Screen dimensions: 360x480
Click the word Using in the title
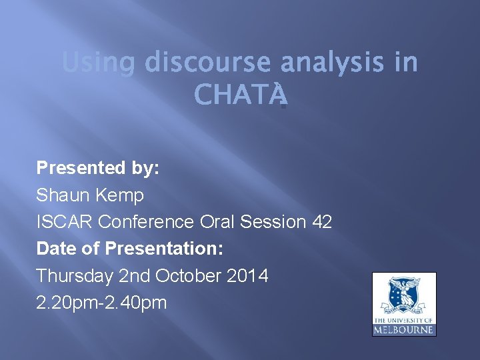(x=98, y=64)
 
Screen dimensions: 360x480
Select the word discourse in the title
(x=207, y=64)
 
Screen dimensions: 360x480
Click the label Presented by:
(x=98, y=168)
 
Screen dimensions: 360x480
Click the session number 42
(x=321, y=222)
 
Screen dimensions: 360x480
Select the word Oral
(x=218, y=222)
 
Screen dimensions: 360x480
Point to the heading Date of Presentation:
(x=129, y=249)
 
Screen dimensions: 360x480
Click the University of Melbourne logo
(x=404, y=304)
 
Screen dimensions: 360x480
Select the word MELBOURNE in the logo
(x=404, y=329)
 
